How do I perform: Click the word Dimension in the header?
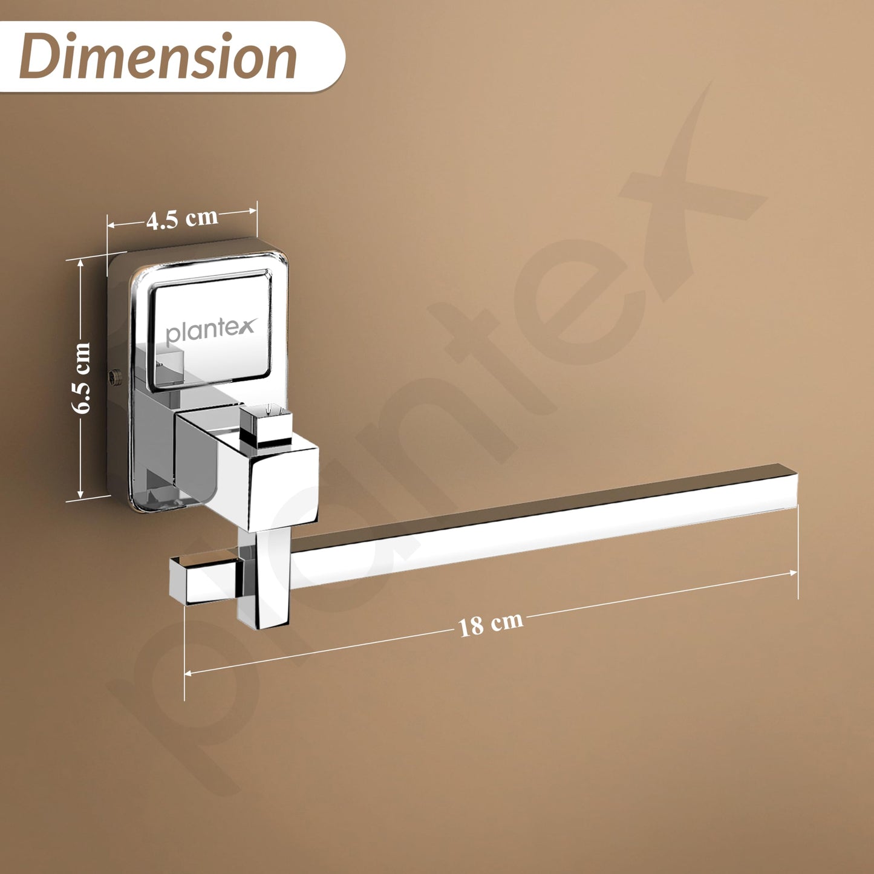pos(158,57)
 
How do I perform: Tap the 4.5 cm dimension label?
pos(182,219)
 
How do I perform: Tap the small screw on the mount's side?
pos(115,376)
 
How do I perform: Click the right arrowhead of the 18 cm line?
pos(794,573)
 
